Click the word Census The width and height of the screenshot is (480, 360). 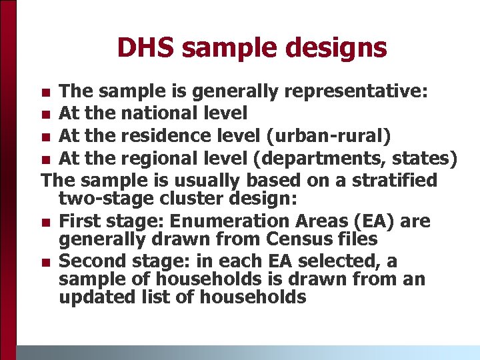point(299,239)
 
